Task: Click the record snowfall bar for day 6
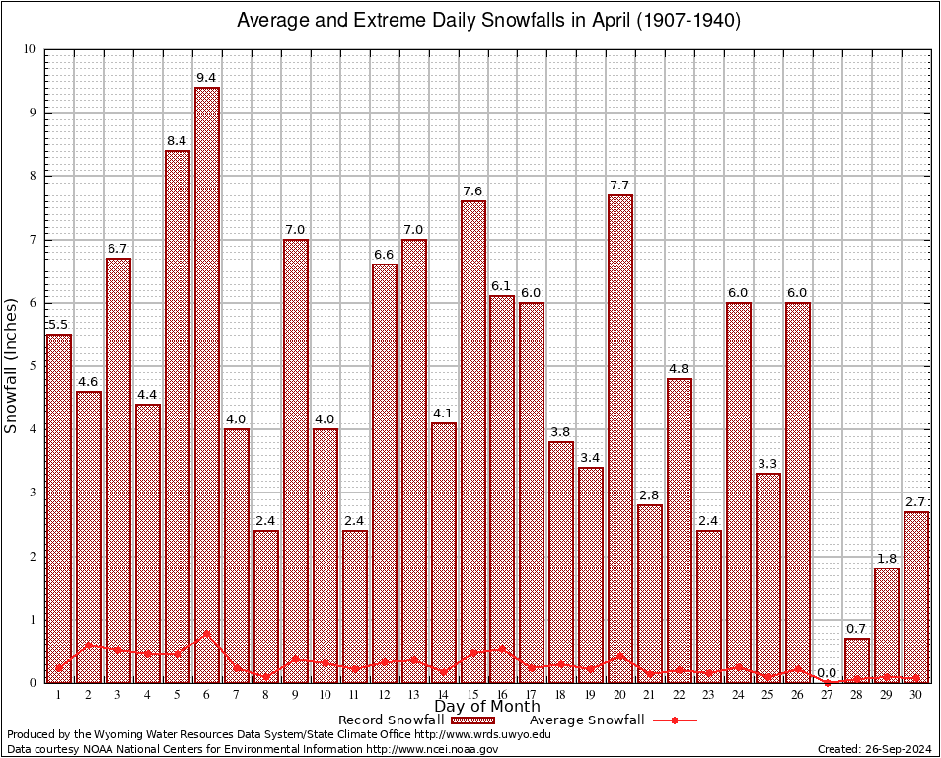coord(207,385)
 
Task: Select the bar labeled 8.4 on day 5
coord(178,415)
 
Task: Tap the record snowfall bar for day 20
coord(620,438)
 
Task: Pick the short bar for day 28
coord(857,660)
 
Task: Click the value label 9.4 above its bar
coord(207,76)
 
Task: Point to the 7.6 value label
coord(472,190)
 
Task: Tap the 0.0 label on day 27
coord(828,672)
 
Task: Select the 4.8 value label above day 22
coord(680,368)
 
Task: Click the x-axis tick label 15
coord(472,695)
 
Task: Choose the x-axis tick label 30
coord(916,695)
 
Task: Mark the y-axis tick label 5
coord(32,366)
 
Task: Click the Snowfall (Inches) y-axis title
coord(12,366)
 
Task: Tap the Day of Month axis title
coord(486,707)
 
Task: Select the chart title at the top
coord(487,20)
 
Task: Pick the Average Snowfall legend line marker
coord(674,720)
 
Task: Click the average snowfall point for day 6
coord(207,633)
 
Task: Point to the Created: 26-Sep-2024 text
coord(875,749)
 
